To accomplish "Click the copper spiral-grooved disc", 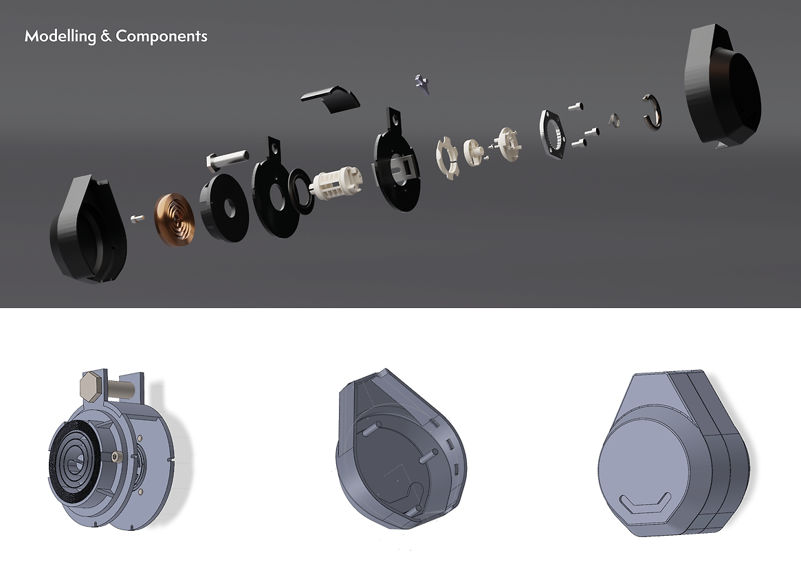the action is click(174, 219).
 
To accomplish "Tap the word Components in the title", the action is click(162, 36).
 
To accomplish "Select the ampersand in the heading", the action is click(106, 36).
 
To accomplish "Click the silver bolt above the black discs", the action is click(228, 158).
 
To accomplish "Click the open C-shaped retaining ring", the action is click(652, 112).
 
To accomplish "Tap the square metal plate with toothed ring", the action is click(553, 132).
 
